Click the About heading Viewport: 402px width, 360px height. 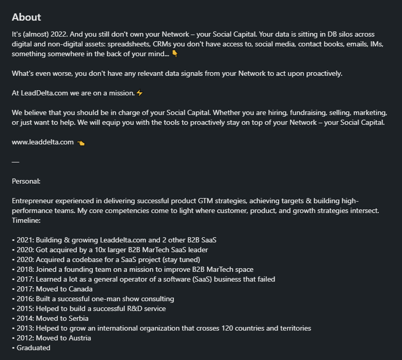coord(26,18)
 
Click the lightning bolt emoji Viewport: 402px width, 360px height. coord(139,93)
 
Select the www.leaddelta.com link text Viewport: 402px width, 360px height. coord(43,142)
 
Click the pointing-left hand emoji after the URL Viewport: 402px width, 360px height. coord(81,143)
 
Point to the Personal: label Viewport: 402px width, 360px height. coord(26,181)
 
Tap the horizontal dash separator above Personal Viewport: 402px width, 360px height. coord(15,161)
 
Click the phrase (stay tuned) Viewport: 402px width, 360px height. coord(181,259)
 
